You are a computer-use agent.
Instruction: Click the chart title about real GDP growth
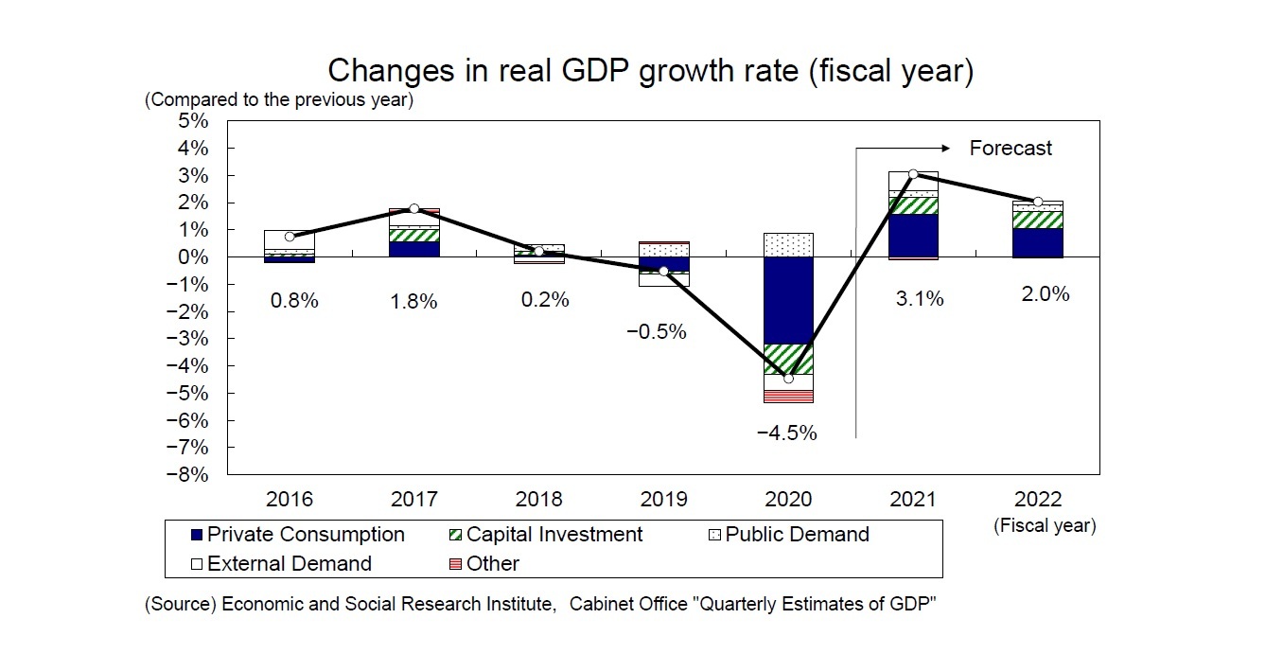649,71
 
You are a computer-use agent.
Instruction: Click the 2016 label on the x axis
290,500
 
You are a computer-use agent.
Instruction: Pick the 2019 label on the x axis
662,500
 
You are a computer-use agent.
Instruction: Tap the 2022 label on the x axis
1037,500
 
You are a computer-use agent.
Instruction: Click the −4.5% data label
786,433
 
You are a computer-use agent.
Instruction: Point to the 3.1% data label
919,299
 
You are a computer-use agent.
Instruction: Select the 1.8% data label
414,302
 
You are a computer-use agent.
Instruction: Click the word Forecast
1011,148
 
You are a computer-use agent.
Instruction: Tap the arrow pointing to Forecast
904,148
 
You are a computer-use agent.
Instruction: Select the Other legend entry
483,564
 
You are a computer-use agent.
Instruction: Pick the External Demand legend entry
280,564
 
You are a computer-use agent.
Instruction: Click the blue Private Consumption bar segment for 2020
788,300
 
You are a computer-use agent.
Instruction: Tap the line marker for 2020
788,379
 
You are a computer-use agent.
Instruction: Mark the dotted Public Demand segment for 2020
788,245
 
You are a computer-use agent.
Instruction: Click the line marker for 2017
414,208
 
